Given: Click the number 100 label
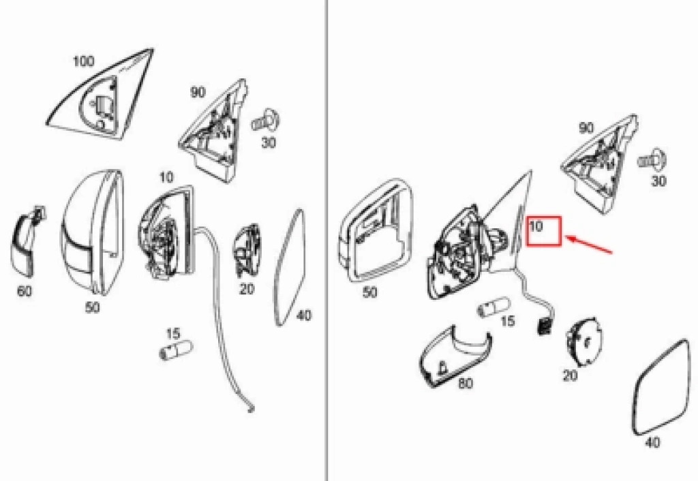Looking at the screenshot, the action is click(x=83, y=61).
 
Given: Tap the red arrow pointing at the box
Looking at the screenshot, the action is click(x=590, y=245).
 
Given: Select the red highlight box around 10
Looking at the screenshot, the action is click(x=543, y=231).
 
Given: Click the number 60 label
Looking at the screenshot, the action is click(x=25, y=291).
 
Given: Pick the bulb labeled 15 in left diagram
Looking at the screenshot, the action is click(x=176, y=350).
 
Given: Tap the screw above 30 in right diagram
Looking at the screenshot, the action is click(x=653, y=160).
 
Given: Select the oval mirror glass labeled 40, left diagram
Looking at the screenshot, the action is click(x=290, y=268).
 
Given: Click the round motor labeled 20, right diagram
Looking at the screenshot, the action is click(x=583, y=342).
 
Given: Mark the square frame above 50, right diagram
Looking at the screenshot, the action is click(x=376, y=232).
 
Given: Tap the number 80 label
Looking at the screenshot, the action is click(x=466, y=383).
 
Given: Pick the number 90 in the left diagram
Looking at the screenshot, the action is click(x=198, y=92).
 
